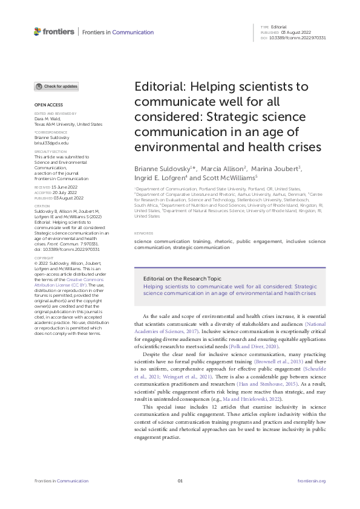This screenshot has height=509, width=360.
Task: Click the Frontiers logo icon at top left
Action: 38,31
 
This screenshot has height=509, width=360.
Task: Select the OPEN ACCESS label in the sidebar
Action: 46,105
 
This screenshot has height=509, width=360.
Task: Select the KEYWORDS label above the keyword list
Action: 144,233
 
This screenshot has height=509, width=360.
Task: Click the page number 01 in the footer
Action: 180,481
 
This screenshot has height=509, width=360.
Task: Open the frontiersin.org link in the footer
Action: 312,481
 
